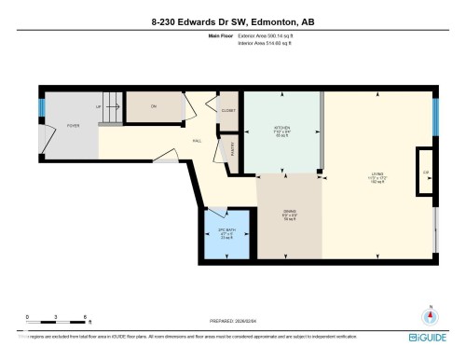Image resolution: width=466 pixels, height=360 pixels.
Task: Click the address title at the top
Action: tap(233, 20)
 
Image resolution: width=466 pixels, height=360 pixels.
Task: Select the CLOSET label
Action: tap(228, 110)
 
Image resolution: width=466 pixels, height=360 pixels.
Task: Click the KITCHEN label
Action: tap(281, 128)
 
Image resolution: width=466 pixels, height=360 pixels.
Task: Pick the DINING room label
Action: tap(290, 214)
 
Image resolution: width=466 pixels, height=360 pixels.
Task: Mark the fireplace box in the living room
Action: tap(425, 173)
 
